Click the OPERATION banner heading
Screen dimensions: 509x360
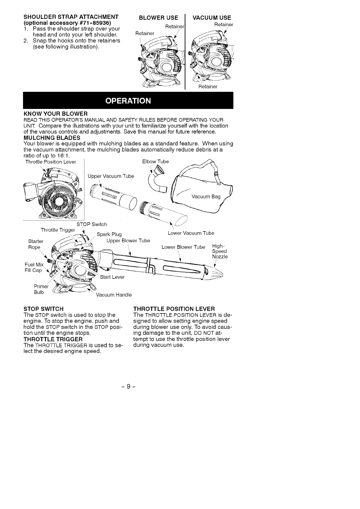[128, 101]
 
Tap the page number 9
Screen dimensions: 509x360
[128, 386]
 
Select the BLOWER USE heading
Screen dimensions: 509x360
[158, 18]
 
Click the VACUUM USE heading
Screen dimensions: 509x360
[212, 18]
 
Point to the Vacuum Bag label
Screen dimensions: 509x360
[206, 197]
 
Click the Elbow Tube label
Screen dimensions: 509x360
[156, 162]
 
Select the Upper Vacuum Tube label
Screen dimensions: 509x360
[111, 176]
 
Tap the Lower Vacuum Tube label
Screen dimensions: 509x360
[191, 233]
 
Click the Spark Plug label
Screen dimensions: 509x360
[109, 234]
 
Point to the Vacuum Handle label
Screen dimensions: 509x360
[114, 295]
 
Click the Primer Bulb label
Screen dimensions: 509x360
[39, 289]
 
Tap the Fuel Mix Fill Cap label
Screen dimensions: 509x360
[33, 267]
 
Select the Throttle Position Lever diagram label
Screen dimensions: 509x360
[51, 162]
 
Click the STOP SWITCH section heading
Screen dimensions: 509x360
[43, 309]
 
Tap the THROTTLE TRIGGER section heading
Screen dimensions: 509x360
[53, 339]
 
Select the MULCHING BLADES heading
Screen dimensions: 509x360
[52, 138]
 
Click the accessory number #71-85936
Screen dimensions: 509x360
[91, 23]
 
